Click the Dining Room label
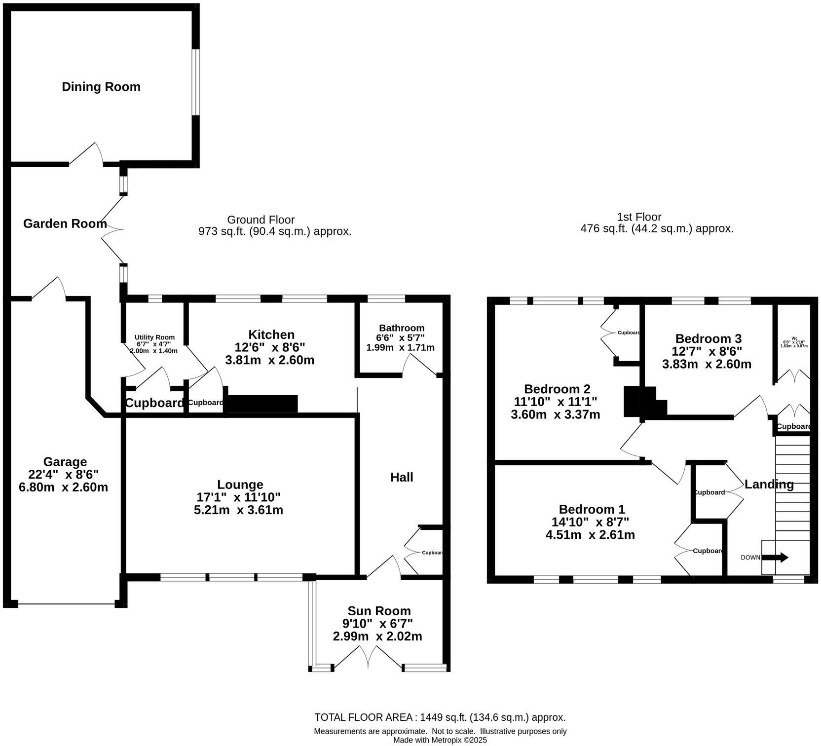(x=101, y=87)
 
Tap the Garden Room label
(x=65, y=224)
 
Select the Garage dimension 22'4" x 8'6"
(x=64, y=475)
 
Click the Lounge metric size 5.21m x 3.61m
(x=238, y=510)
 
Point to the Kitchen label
(x=271, y=335)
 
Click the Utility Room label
(x=154, y=337)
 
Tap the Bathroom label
(x=401, y=328)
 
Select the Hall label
(x=402, y=477)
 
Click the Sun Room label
(x=379, y=611)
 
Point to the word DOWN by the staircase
(x=750, y=558)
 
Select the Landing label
(x=769, y=485)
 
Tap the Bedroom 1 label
(x=592, y=509)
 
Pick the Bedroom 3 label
(x=708, y=338)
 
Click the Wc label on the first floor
(x=794, y=338)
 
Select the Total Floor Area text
(x=440, y=717)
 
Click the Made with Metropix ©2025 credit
(x=440, y=740)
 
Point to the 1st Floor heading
(x=639, y=217)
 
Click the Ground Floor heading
(x=261, y=220)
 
